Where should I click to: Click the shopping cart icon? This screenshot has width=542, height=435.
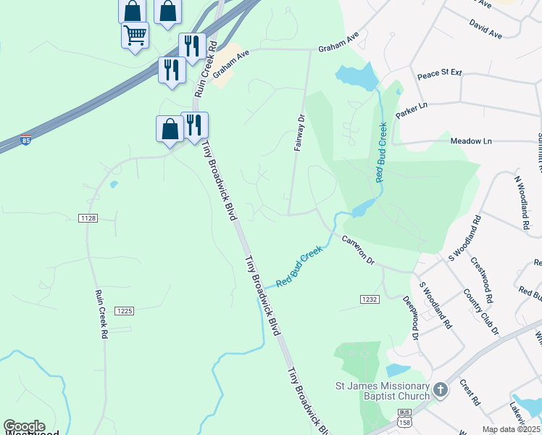(x=135, y=34)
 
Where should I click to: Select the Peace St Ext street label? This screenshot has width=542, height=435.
(x=439, y=75)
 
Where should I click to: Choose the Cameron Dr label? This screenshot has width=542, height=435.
(x=358, y=249)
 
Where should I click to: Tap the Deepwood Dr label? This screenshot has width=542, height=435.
(x=411, y=318)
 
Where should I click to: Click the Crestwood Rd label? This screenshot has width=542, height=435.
(x=481, y=280)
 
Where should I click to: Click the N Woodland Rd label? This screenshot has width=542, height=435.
(x=522, y=202)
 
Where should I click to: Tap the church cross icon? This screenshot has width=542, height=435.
(x=440, y=391)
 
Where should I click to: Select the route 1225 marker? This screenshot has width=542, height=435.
(x=125, y=311)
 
